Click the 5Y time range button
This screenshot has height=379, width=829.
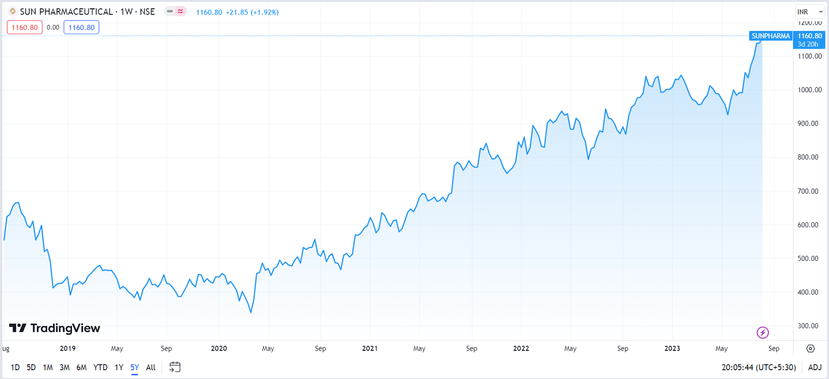click(x=135, y=367)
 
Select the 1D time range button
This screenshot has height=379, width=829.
click(x=15, y=367)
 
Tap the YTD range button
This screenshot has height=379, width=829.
click(x=100, y=367)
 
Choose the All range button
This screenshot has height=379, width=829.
click(x=151, y=367)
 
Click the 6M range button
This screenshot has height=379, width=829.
click(x=81, y=367)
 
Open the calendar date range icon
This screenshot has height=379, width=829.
click(x=175, y=367)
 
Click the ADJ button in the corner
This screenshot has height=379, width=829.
click(x=814, y=367)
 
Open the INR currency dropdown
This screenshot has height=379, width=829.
click(x=809, y=11)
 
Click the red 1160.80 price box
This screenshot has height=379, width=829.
click(x=24, y=27)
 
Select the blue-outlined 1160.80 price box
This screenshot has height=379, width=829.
click(x=81, y=27)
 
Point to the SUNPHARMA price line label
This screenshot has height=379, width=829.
click(x=770, y=36)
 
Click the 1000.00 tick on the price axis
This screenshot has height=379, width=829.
click(x=809, y=90)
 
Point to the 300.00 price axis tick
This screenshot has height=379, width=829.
click(x=808, y=326)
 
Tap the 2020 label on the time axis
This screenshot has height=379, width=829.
click(x=219, y=348)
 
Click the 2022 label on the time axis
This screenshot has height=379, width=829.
click(x=521, y=348)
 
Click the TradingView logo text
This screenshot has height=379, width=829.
click(x=55, y=328)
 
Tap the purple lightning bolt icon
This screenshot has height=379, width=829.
click(x=763, y=332)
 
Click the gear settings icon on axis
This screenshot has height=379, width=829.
click(x=810, y=348)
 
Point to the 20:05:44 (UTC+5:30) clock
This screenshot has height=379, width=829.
click(x=759, y=367)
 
